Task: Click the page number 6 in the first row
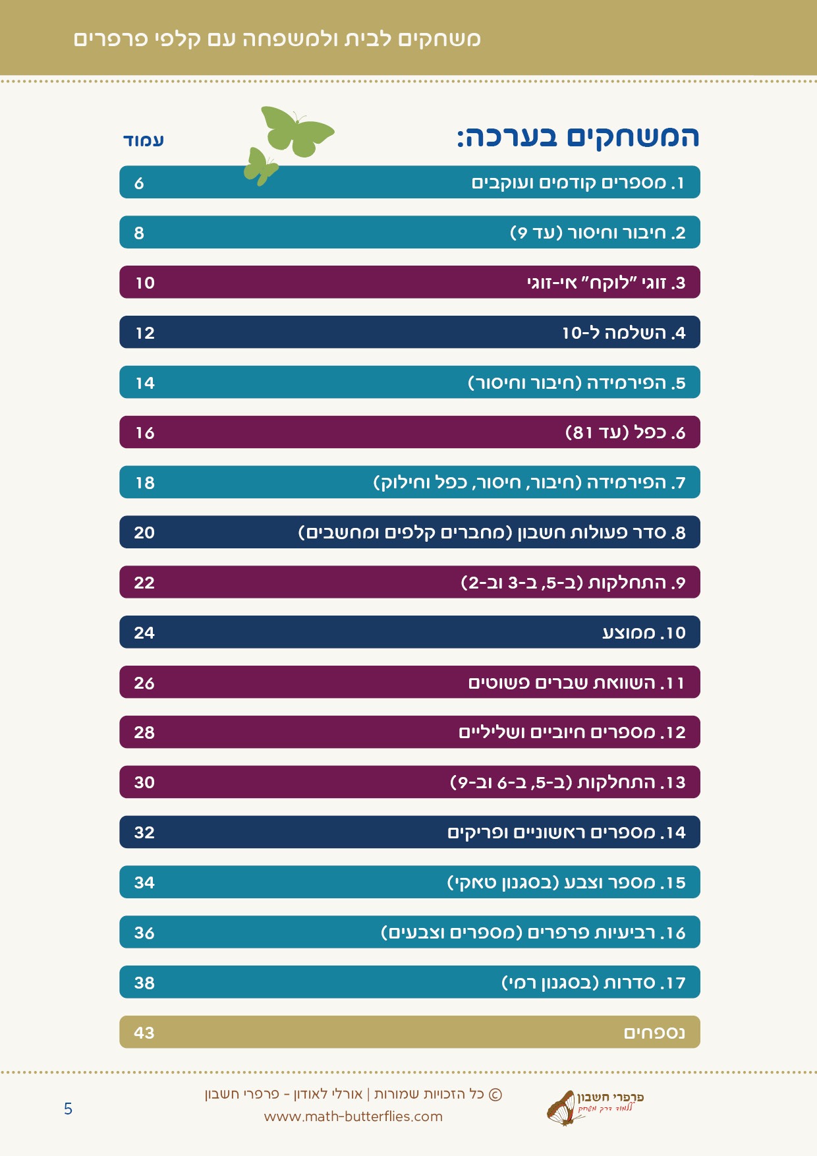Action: coord(139,183)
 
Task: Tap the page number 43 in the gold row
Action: coord(144,1033)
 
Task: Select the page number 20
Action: coord(144,533)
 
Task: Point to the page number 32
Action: coord(144,832)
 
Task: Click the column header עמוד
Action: coord(144,140)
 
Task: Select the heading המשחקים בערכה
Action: coord(578,136)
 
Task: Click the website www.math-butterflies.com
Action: coord(353,1116)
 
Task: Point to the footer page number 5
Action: coord(68,1109)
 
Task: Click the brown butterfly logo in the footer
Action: coord(561,1108)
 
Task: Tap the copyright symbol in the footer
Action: coord(495,1095)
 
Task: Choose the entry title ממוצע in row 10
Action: coord(629,633)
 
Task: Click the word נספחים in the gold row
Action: coord(654,1033)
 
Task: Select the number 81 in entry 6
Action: coord(583,433)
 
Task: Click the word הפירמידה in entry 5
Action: coord(626,383)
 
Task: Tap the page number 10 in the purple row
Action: coord(145,283)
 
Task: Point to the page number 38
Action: coord(144,983)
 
